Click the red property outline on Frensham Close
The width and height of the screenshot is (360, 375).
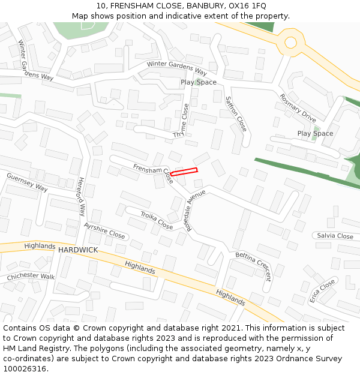click(x=184, y=172)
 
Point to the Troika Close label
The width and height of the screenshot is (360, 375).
click(x=157, y=220)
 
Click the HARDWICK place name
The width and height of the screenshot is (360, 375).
click(x=78, y=250)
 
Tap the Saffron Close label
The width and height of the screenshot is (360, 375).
click(x=236, y=113)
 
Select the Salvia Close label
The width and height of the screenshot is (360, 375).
click(x=335, y=236)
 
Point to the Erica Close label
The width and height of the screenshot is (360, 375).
click(x=322, y=291)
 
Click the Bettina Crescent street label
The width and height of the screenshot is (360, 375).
click(x=253, y=266)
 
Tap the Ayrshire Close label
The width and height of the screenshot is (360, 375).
click(x=104, y=230)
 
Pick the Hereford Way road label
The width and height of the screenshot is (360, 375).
click(x=82, y=196)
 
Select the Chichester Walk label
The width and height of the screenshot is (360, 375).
click(x=31, y=277)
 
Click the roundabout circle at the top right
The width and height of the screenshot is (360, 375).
click(x=290, y=42)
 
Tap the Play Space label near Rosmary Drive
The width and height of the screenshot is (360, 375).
click(x=315, y=133)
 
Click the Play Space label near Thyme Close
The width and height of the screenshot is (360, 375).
click(x=199, y=82)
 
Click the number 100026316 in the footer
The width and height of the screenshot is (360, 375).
click(x=25, y=369)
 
